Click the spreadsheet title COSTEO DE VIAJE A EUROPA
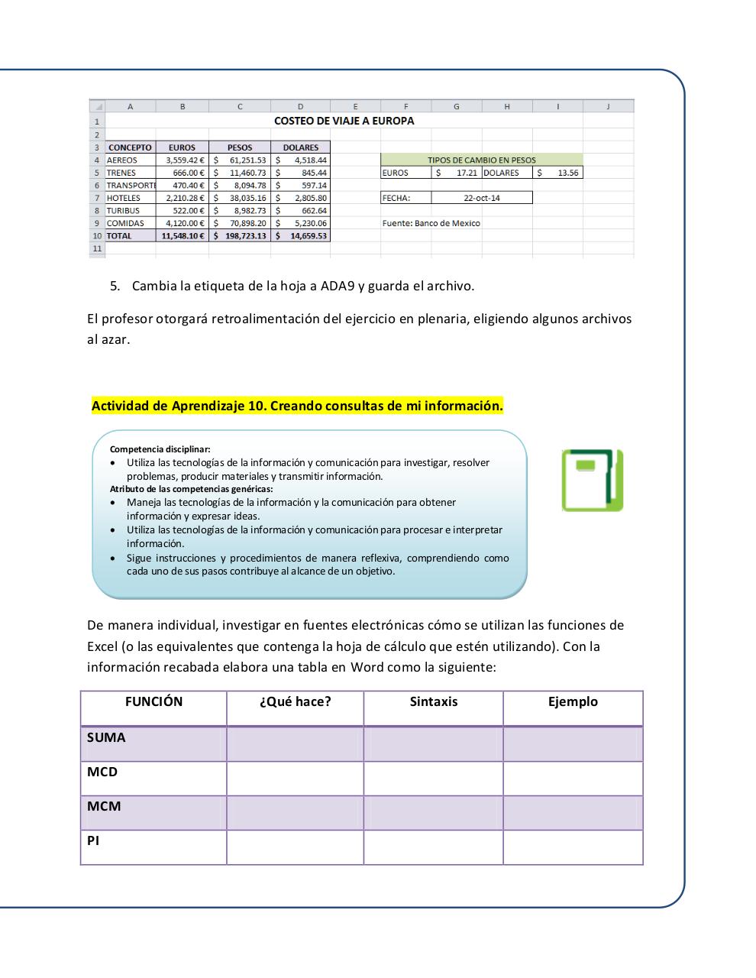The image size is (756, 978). (344, 121)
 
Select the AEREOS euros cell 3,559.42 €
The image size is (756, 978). (183, 160)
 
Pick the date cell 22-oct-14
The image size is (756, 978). (482, 198)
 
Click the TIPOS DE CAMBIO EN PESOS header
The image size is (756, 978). (481, 160)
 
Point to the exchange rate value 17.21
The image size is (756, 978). (466, 173)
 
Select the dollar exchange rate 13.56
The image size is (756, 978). (567, 173)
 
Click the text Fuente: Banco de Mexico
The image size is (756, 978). (431, 223)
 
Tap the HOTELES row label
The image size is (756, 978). (124, 198)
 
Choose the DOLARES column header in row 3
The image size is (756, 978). (300, 147)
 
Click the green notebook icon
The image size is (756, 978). (593, 480)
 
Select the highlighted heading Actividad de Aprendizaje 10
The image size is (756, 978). (297, 406)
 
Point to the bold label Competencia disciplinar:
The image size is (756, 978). (160, 449)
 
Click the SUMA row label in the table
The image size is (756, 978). (106, 738)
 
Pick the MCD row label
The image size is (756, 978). (102, 772)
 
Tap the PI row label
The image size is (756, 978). (93, 840)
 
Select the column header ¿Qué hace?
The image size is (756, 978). (295, 701)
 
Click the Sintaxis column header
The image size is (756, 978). (433, 701)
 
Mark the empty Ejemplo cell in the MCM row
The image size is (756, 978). (573, 813)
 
